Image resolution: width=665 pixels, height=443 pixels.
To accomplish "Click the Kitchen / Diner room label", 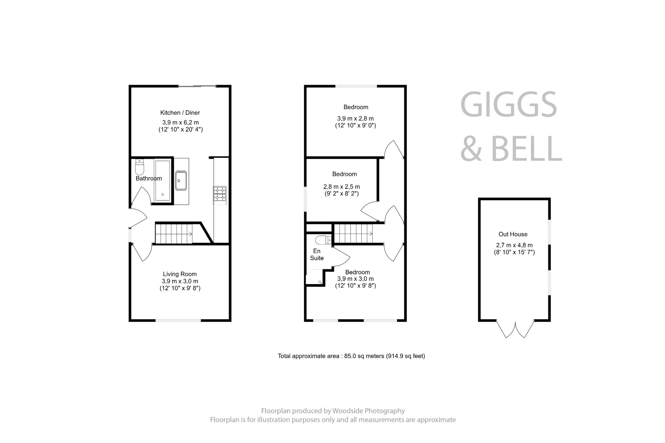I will [180, 113].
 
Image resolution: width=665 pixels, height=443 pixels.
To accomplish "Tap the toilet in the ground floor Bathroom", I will [140, 168].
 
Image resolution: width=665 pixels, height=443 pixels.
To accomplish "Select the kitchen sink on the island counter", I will [181, 181].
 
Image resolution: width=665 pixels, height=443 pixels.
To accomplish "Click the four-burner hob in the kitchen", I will [220, 194].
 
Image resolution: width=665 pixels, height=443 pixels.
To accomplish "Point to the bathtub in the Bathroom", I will [162, 180].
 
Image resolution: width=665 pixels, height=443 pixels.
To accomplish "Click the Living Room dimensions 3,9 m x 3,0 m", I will [180, 281].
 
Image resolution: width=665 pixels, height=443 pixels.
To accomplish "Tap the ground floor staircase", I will [174, 233].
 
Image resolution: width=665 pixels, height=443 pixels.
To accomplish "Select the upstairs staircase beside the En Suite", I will [353, 233].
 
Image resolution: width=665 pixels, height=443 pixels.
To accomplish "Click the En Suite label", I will [317, 254].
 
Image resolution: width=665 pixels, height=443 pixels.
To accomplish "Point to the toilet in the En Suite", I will [322, 240].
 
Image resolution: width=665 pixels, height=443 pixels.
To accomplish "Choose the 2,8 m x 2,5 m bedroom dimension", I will [342, 187].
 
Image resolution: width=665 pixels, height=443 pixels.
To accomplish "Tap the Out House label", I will [513, 234].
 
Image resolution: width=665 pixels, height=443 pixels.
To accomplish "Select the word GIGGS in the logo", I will [508, 105].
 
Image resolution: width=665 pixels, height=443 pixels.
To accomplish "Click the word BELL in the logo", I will [526, 149].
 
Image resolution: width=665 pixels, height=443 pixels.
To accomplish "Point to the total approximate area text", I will [351, 356].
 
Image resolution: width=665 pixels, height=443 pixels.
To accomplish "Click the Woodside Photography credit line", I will [333, 411].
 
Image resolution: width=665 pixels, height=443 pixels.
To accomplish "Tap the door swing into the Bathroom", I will [142, 196].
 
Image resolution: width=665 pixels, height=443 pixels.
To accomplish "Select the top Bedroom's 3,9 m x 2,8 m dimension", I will [355, 119].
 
